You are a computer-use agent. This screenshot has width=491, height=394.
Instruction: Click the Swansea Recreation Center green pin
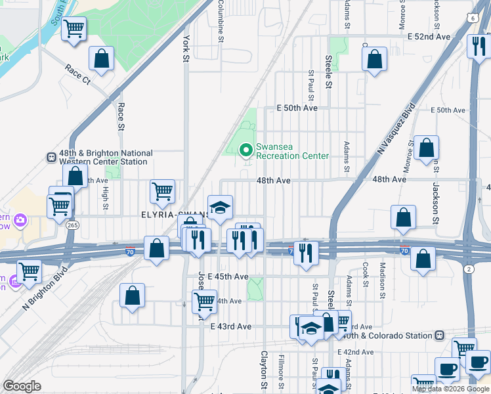[x=246, y=151]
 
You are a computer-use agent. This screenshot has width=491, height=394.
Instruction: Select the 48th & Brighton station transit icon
[x=51, y=158]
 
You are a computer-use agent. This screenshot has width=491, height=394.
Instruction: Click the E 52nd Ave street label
[x=428, y=37]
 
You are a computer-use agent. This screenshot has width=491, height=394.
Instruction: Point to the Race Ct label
[x=77, y=73]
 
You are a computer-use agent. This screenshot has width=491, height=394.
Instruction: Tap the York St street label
[x=186, y=49]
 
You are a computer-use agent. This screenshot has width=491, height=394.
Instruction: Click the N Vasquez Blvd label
[x=396, y=129]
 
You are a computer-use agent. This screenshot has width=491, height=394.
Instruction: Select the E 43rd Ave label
[x=230, y=326]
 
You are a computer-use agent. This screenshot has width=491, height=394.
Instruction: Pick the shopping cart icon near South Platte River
[x=74, y=28]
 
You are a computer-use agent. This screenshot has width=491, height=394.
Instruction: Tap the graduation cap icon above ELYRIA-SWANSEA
[x=221, y=207]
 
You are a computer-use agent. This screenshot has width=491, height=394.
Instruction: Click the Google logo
[x=22, y=386]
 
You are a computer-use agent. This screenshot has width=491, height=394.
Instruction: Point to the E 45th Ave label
[x=228, y=276]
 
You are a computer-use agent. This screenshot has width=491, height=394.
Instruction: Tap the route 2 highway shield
[x=469, y=269]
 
